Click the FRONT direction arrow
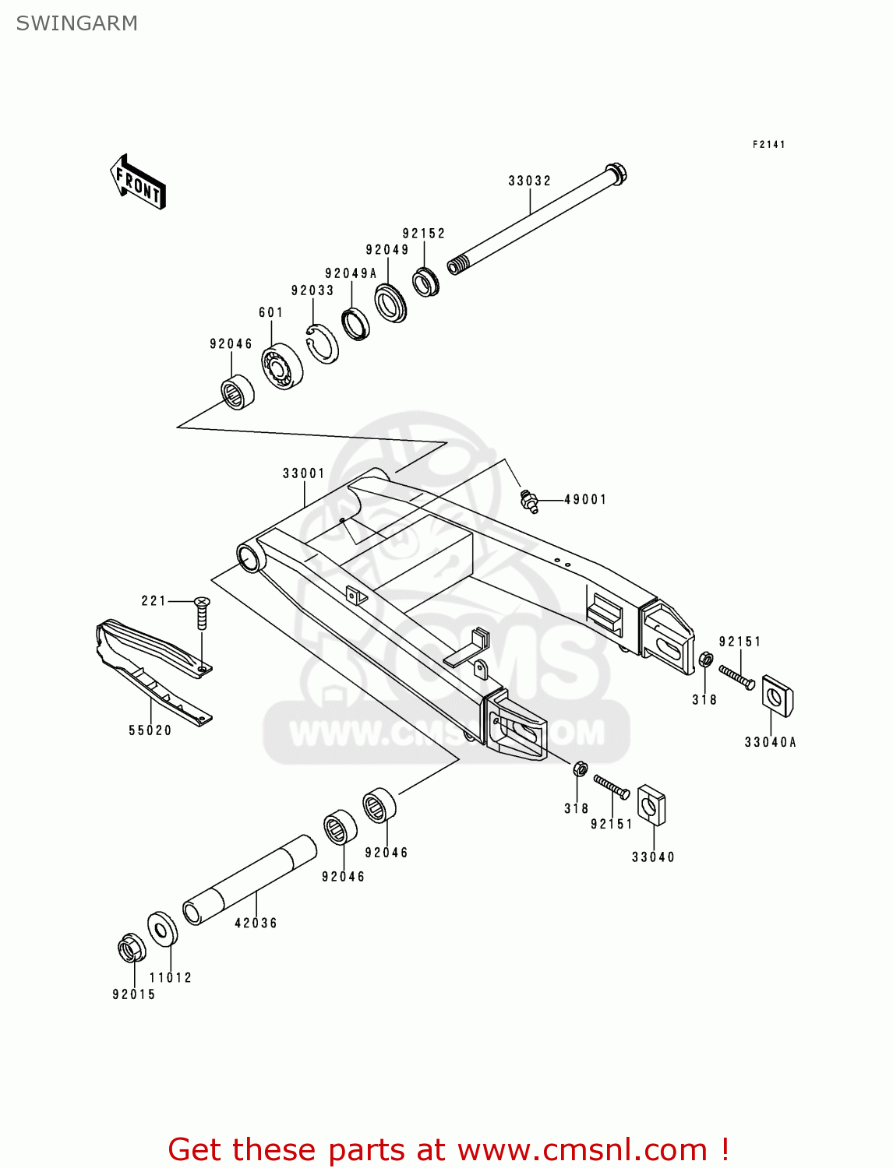point(139,182)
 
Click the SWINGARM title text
point(76,23)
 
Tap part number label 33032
point(529,181)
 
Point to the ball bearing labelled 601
point(281,365)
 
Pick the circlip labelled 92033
point(322,343)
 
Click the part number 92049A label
point(351,273)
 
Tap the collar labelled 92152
point(425,282)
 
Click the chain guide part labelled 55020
point(152,670)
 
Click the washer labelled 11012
point(162,929)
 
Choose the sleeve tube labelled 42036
point(249,880)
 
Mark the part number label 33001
point(303,473)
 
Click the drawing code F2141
point(768,145)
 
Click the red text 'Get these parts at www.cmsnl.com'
point(448,1149)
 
